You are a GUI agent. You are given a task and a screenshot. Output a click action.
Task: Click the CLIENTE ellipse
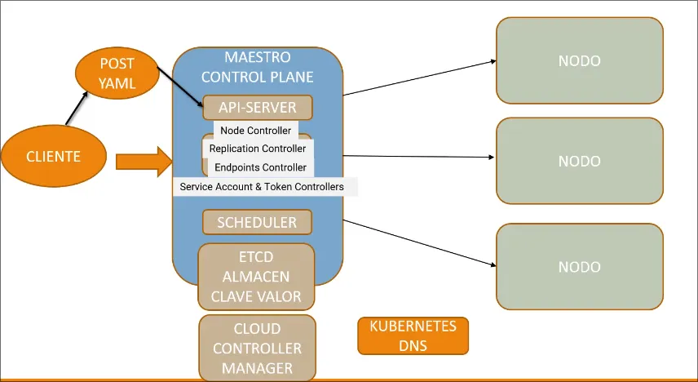pyautogui.click(x=54, y=155)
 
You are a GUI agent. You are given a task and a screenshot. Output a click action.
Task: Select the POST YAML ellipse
pyautogui.click(x=116, y=73)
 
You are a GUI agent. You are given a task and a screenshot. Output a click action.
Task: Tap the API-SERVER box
pyautogui.click(x=257, y=107)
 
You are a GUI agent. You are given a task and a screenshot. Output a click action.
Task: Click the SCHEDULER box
pyautogui.click(x=257, y=221)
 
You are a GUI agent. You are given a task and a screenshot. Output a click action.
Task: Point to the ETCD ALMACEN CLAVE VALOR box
pyautogui.click(x=256, y=277)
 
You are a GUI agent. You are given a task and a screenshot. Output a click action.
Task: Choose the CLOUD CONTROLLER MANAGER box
pyautogui.click(x=257, y=349)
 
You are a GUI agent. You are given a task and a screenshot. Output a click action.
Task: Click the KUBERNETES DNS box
pyautogui.click(x=413, y=335)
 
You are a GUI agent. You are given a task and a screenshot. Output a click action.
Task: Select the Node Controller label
pyautogui.click(x=256, y=131)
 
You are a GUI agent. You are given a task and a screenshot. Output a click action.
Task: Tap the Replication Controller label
pyautogui.click(x=258, y=149)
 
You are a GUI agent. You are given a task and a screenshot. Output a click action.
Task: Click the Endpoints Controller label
pyautogui.click(x=260, y=167)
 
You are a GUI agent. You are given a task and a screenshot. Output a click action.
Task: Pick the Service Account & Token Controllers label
pyautogui.click(x=262, y=187)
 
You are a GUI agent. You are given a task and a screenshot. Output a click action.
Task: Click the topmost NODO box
pyautogui.click(x=579, y=61)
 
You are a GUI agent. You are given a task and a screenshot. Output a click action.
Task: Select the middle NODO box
pyautogui.click(x=579, y=161)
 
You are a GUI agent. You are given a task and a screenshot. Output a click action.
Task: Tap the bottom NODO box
pyautogui.click(x=579, y=266)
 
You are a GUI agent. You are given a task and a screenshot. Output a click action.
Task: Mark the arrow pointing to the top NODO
pyautogui.click(x=420, y=78)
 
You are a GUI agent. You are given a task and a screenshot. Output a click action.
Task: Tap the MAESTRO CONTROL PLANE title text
pyautogui.click(x=257, y=68)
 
